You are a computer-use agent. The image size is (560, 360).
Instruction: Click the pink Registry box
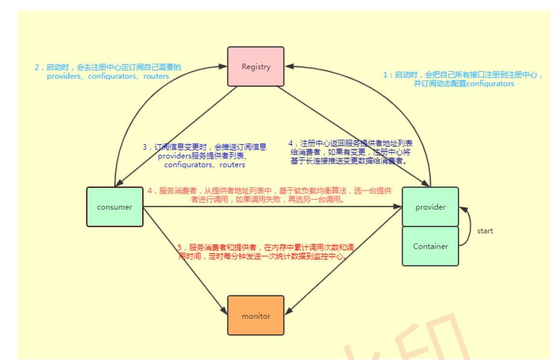point(256,67)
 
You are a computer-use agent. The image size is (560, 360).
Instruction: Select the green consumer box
point(114,207)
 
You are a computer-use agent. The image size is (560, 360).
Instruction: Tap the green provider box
point(430,207)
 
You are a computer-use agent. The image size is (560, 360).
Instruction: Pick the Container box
point(430,246)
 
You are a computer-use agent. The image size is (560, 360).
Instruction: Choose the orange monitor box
point(256,316)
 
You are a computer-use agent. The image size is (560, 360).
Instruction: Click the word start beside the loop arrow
point(485,231)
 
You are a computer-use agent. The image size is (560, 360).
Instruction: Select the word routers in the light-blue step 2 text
point(155,76)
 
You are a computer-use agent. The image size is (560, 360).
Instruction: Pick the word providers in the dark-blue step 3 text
point(174,156)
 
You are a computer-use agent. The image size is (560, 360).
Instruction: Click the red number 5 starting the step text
point(180,247)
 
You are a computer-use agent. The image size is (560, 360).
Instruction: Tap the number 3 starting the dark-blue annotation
point(144,147)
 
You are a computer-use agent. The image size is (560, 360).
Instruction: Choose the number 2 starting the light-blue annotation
point(37,67)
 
